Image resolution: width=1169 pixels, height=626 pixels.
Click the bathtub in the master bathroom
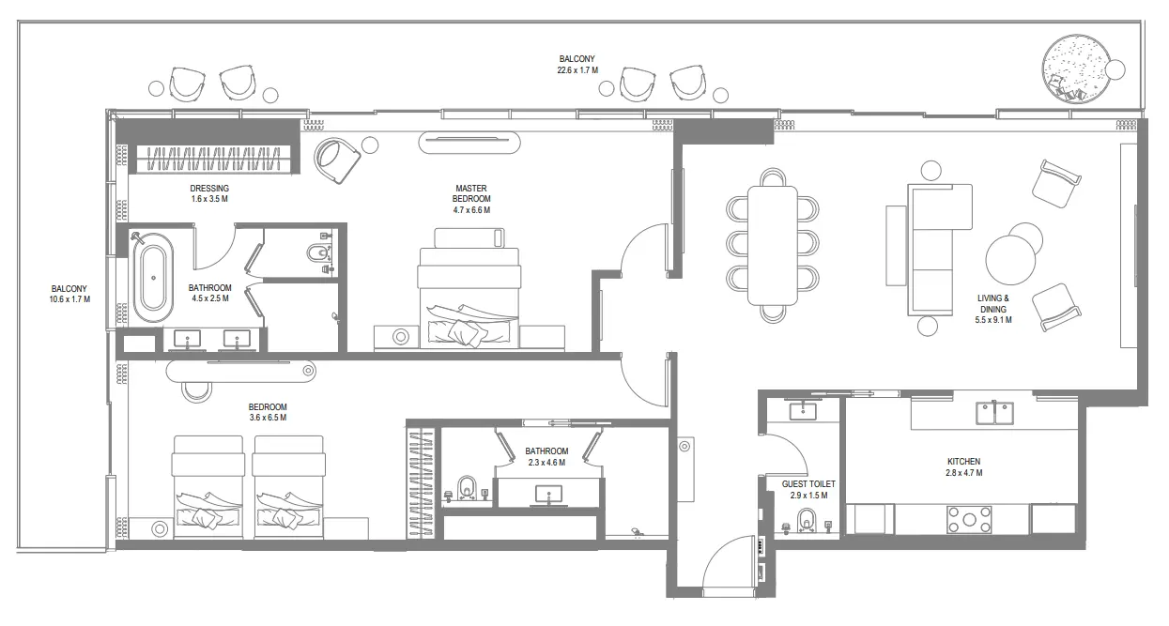tap(150, 279)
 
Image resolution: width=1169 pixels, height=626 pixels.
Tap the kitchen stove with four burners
tap(969, 519)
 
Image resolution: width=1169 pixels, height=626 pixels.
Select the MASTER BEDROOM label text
tap(471, 199)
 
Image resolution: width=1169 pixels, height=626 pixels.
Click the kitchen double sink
tap(993, 411)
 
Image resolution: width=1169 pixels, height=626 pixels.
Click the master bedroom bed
tap(469, 296)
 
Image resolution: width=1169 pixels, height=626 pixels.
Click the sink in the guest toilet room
tap(804, 410)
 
